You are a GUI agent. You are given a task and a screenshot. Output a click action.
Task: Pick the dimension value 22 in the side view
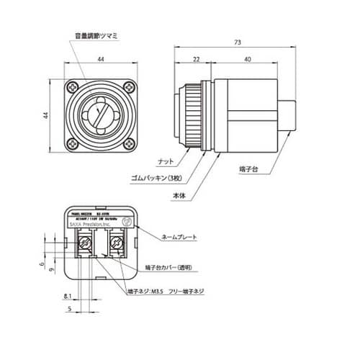tap(196, 60)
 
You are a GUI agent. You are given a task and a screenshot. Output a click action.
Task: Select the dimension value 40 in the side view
tap(247, 60)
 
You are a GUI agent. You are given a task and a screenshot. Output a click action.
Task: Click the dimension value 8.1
tap(66, 296)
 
